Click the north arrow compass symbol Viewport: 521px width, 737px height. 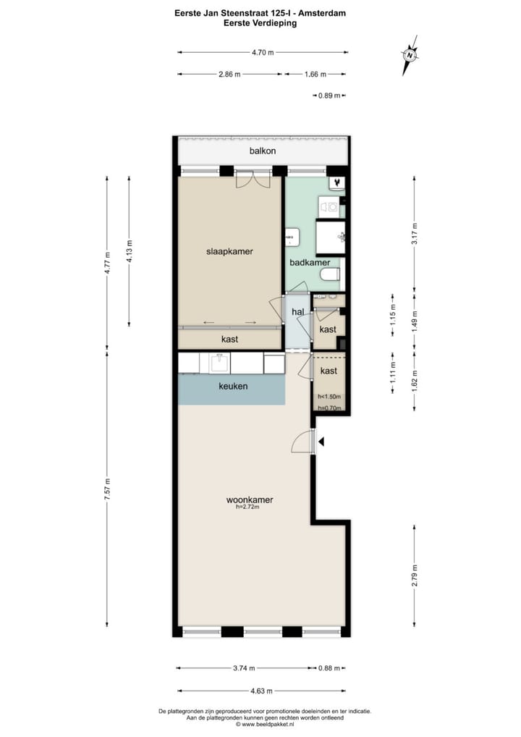(410, 55)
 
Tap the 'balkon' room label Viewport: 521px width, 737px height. (263, 151)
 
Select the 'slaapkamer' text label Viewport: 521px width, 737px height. (229, 251)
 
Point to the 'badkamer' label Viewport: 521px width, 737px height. (310, 263)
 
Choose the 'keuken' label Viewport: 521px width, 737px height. (233, 387)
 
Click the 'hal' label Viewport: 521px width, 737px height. (297, 312)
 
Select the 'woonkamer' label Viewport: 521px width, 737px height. (249, 500)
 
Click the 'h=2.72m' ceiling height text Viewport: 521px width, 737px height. (249, 508)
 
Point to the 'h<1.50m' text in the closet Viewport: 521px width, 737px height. (329, 397)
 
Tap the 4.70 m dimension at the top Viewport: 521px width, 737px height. (263, 52)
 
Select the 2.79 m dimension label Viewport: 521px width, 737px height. (414, 575)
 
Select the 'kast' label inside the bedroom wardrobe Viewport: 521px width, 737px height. (229, 339)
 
